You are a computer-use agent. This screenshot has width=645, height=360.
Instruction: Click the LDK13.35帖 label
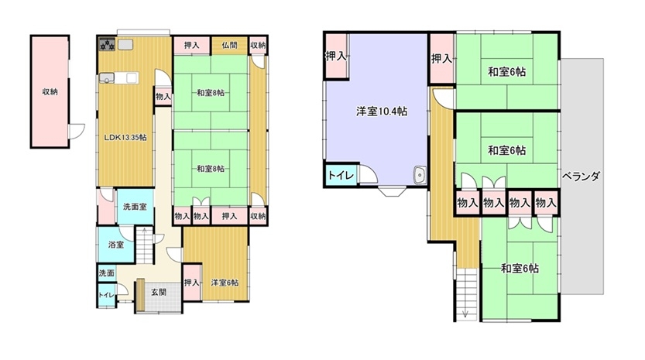tap(125, 138)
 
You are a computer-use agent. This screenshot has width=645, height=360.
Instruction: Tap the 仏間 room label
tap(229, 45)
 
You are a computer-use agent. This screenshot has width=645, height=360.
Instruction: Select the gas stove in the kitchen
tap(108, 44)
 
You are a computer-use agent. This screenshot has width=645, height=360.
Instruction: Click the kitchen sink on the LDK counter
tap(107, 78)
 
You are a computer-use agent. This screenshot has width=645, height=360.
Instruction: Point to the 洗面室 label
tap(135, 207)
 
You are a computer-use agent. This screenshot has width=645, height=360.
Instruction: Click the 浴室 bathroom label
tap(116, 245)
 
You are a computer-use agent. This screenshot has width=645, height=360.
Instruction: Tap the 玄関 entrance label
tap(159, 292)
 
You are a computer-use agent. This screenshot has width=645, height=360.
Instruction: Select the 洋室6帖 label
tap(225, 283)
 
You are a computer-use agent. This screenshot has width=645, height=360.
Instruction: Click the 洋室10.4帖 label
tap(382, 111)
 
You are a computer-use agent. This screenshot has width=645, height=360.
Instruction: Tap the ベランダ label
tap(581, 176)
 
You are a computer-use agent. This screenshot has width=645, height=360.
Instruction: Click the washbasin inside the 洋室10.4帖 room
tap(420, 176)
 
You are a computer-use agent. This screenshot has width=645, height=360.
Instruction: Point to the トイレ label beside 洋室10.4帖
tap(341, 176)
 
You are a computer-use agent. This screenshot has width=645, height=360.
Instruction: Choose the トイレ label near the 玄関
tap(106, 295)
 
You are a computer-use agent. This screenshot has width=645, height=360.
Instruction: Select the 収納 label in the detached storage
tap(50, 92)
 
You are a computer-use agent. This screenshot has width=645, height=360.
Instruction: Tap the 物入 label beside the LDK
tap(163, 97)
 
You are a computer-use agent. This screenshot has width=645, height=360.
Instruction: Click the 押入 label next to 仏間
tap(191, 45)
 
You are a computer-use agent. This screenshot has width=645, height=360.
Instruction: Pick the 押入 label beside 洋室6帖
tap(192, 283)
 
